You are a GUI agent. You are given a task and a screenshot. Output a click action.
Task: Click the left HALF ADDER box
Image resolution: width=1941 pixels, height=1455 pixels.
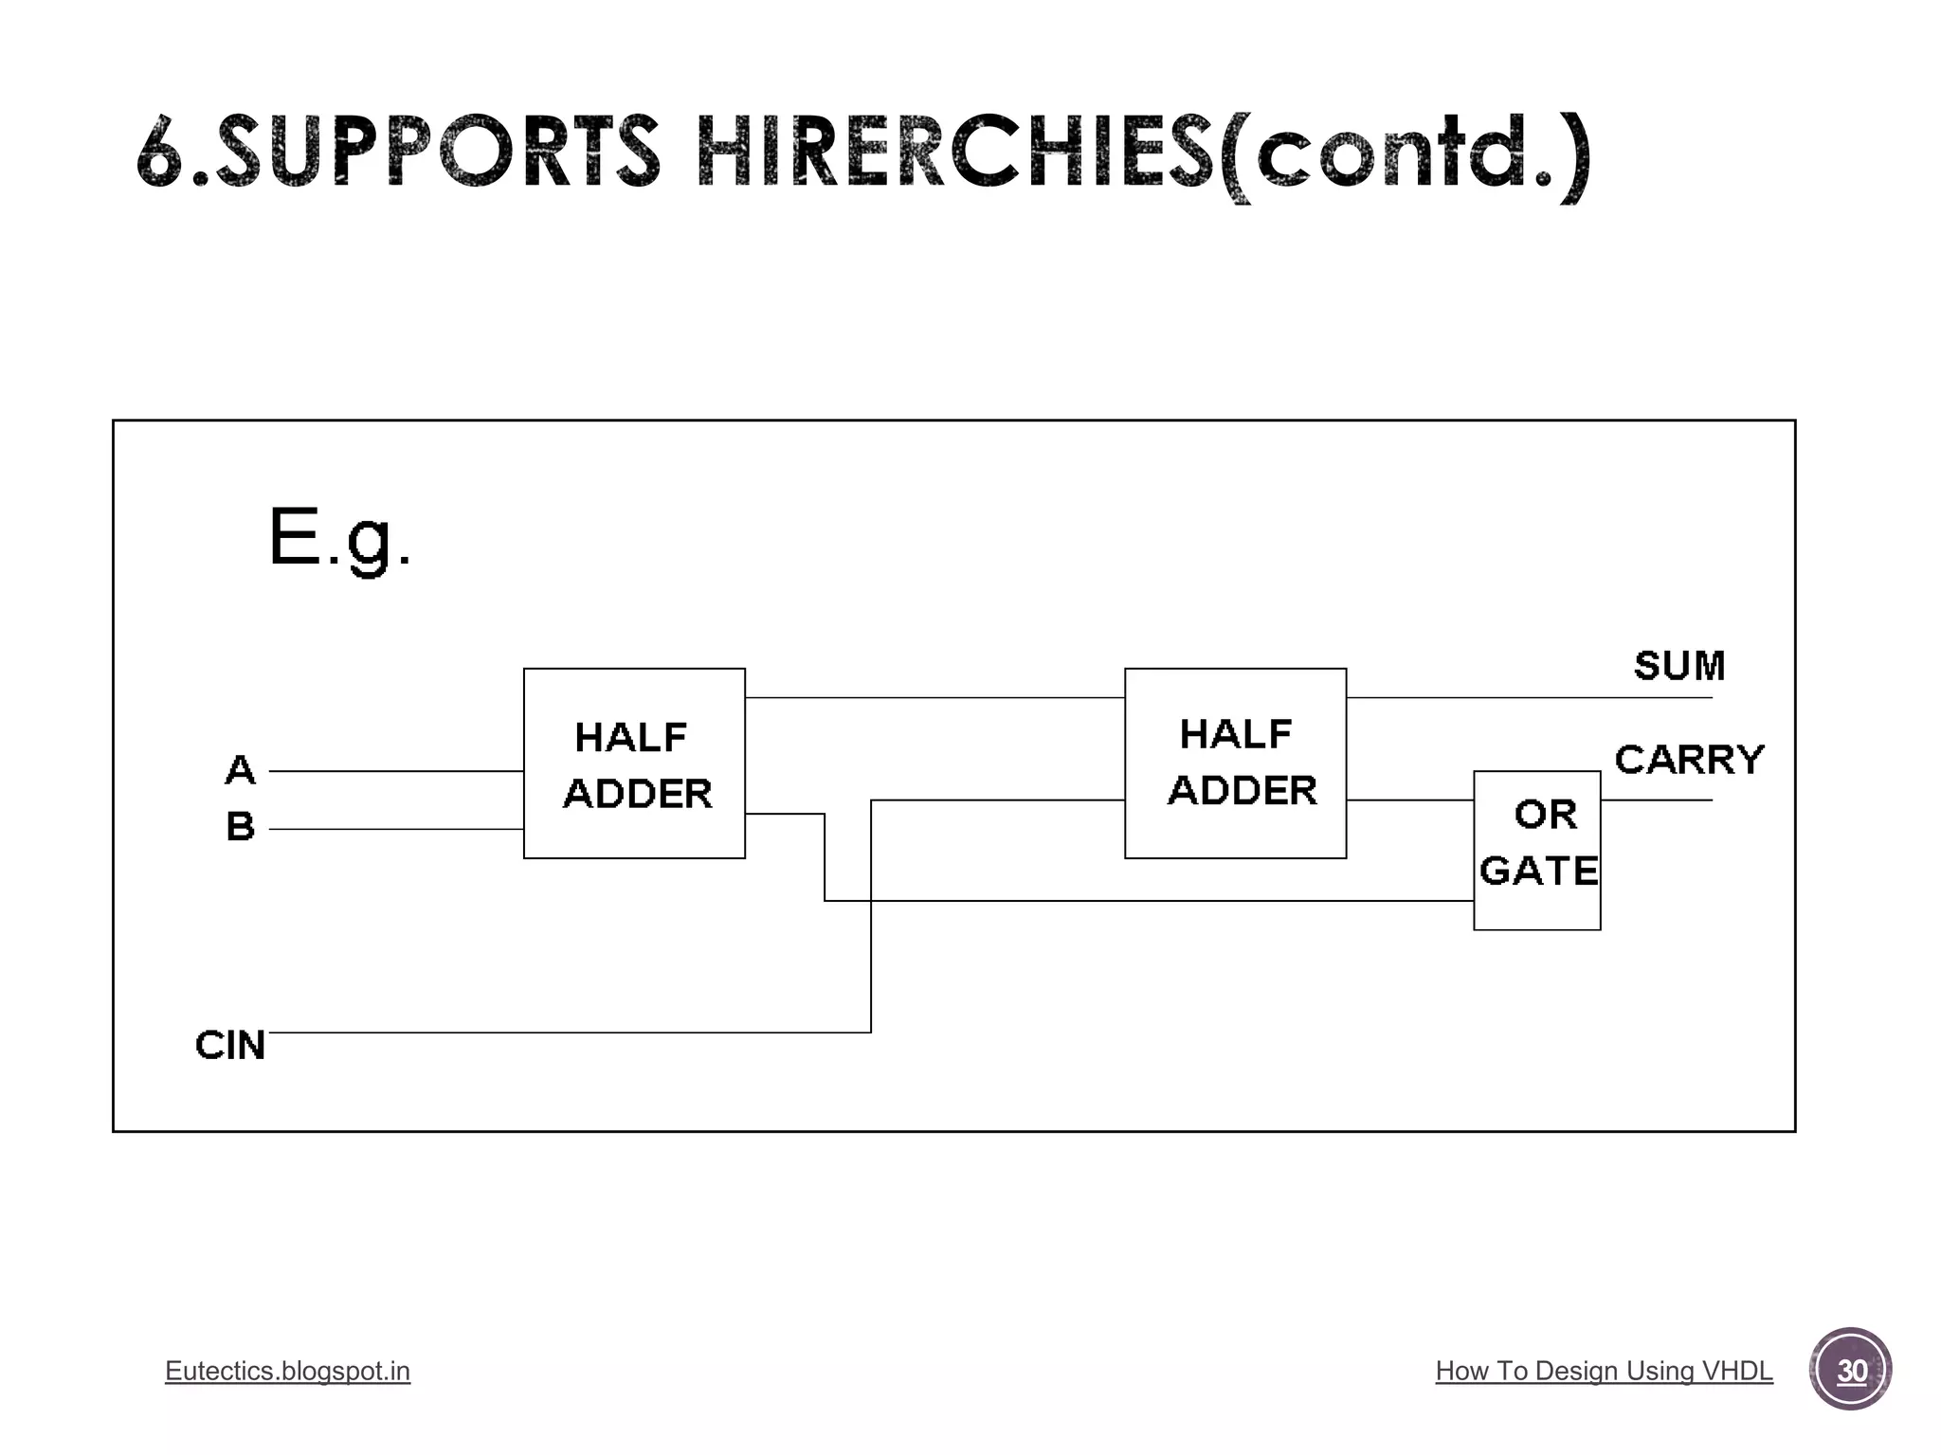(x=634, y=763)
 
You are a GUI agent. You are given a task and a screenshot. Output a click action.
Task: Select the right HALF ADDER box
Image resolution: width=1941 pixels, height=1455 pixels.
(x=1235, y=763)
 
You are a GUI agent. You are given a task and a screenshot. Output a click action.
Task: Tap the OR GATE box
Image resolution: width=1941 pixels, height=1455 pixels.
(x=1536, y=850)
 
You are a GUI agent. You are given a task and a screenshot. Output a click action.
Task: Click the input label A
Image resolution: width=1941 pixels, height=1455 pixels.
(x=241, y=769)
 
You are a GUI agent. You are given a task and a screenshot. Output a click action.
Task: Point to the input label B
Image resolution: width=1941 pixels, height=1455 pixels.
(x=241, y=826)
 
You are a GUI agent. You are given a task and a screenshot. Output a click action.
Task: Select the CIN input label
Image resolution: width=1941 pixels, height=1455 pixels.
(x=229, y=1045)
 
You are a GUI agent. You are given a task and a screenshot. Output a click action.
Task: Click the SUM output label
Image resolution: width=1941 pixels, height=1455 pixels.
(x=1679, y=666)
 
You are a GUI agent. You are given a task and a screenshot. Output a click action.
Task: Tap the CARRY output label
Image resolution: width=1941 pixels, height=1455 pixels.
(x=1689, y=760)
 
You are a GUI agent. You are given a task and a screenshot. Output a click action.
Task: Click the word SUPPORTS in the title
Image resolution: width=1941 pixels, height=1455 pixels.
(x=436, y=152)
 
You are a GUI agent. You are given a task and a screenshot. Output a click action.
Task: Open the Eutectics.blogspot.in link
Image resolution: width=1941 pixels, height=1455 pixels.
(x=287, y=1371)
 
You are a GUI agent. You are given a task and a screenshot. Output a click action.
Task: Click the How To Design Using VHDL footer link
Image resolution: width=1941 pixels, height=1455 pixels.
(x=1604, y=1371)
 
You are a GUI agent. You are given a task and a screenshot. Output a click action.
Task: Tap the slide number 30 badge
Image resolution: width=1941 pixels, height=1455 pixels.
(x=1850, y=1370)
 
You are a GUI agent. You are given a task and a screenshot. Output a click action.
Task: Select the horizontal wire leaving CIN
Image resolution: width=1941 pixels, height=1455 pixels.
(x=569, y=1033)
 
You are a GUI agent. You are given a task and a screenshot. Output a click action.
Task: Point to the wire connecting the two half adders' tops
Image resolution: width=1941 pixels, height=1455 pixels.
(x=934, y=697)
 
